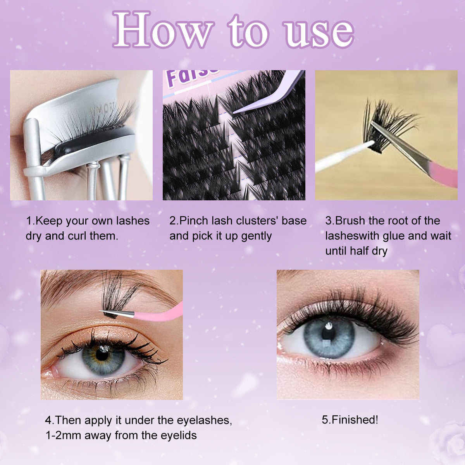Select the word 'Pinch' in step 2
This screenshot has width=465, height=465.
click(x=194, y=221)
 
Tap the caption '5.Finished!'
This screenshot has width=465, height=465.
click(x=350, y=420)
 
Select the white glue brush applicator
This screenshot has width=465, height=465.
click(x=341, y=157)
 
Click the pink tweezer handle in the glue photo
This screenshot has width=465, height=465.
click(x=442, y=174)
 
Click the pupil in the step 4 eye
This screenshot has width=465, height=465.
click(x=102, y=355)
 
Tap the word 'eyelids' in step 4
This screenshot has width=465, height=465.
click(x=178, y=435)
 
